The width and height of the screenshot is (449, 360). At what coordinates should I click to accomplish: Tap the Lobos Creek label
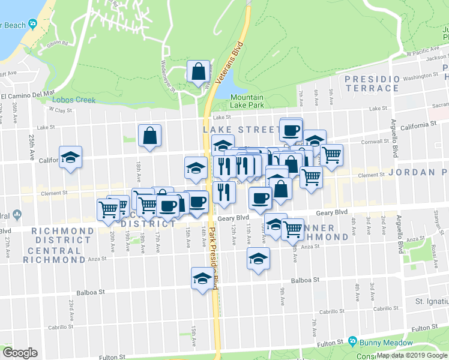pos(73,100)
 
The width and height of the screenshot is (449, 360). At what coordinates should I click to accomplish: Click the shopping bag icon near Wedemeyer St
pos(197,72)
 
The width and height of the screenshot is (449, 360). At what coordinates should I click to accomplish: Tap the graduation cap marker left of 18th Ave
pos(71,158)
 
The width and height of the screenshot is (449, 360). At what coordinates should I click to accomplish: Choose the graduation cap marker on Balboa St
pos(203,279)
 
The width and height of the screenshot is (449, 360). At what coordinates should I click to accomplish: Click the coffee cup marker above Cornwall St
pos(291,130)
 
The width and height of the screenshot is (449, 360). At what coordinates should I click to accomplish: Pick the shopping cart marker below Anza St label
pos(292,229)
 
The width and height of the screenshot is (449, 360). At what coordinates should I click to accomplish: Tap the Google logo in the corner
pos(20,353)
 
